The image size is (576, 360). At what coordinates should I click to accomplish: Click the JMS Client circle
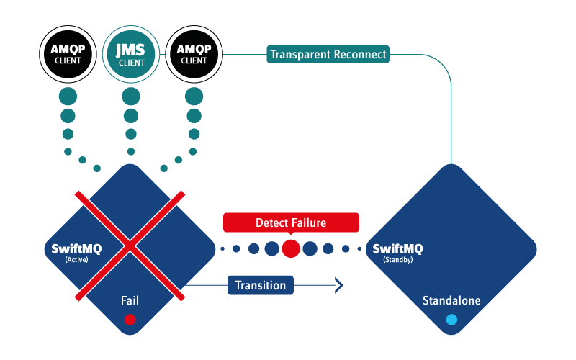click(x=131, y=54)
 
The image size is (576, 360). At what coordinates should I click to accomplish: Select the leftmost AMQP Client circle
click(x=68, y=54)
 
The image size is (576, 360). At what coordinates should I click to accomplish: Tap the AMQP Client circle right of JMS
click(x=194, y=54)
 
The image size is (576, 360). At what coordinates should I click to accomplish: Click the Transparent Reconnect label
click(x=328, y=54)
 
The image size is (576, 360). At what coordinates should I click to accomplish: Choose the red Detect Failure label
click(x=290, y=222)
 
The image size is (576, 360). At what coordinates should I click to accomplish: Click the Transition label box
click(x=261, y=285)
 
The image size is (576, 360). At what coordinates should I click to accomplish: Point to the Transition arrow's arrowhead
click(x=338, y=285)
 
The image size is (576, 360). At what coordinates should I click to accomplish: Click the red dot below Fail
click(x=130, y=319)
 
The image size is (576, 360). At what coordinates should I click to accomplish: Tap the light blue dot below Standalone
click(x=451, y=319)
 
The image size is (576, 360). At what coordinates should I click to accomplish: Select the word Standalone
click(x=451, y=300)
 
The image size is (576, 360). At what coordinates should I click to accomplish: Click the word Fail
click(x=130, y=300)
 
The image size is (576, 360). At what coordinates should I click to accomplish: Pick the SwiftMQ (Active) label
click(x=76, y=252)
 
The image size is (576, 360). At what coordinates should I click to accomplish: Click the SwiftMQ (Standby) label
click(x=397, y=252)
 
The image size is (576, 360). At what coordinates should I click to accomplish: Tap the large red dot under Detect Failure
click(x=291, y=248)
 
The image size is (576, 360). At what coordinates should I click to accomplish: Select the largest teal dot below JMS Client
click(x=131, y=96)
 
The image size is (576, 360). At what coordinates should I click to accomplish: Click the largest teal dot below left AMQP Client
click(x=68, y=96)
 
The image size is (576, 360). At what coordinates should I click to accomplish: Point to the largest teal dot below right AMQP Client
click(x=194, y=96)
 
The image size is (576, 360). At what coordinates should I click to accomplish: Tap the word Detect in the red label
click(x=271, y=222)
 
